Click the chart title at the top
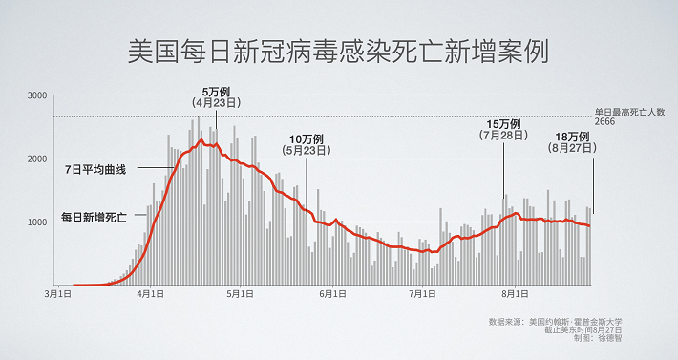338,51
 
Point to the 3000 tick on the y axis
37,96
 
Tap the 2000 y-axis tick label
37,159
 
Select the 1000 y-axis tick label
37,222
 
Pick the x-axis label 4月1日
150,295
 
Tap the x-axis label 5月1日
240,295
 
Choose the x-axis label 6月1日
331,295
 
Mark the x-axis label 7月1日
422,295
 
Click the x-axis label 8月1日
514,295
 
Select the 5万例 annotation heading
214,90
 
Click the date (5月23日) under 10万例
307,150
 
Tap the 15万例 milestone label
502,124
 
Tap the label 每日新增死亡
94,217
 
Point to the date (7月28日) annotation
502,137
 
